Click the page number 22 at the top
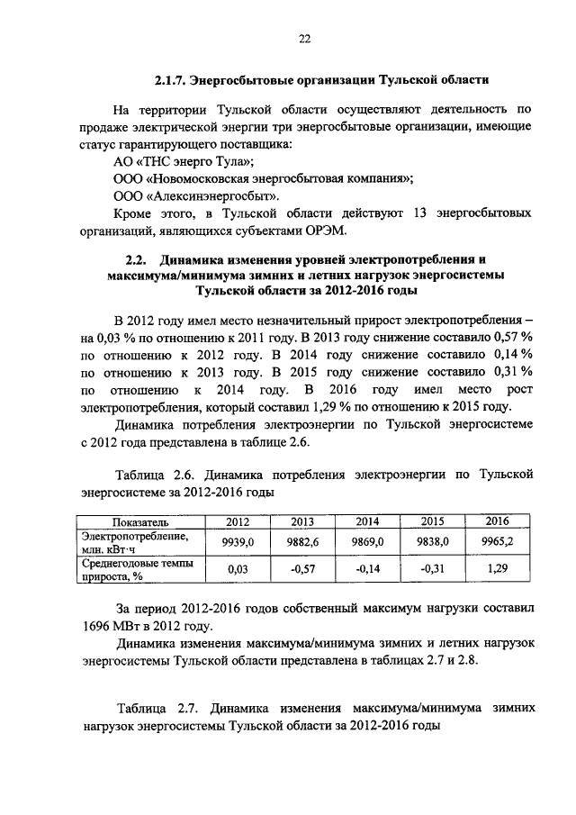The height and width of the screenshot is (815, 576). [304, 37]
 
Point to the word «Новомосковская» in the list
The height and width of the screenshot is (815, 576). [211, 178]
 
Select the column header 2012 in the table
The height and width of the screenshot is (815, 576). [238, 521]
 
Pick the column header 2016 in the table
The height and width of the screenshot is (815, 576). [497, 521]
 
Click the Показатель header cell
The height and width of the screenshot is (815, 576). [139, 521]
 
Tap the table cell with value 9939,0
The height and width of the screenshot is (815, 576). [238, 541]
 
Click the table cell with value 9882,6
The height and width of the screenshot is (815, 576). [302, 541]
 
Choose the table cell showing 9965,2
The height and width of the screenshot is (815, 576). [497, 541]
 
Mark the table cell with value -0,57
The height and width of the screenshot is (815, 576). [302, 569]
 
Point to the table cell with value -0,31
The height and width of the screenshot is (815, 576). [433, 569]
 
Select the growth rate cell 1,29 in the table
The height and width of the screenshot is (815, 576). [497, 569]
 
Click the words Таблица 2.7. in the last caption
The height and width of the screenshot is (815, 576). [149, 708]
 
